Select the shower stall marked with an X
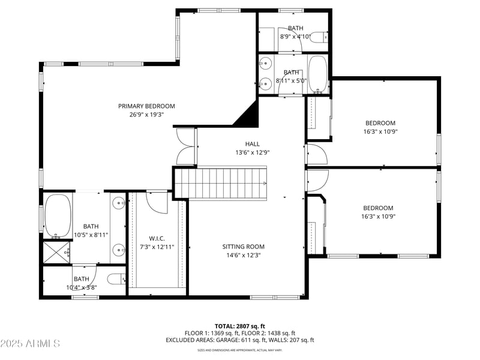56,252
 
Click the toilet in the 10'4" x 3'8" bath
116,279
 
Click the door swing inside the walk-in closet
157,202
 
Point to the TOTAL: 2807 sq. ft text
239,326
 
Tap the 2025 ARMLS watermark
30,344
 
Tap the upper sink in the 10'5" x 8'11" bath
119,202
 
